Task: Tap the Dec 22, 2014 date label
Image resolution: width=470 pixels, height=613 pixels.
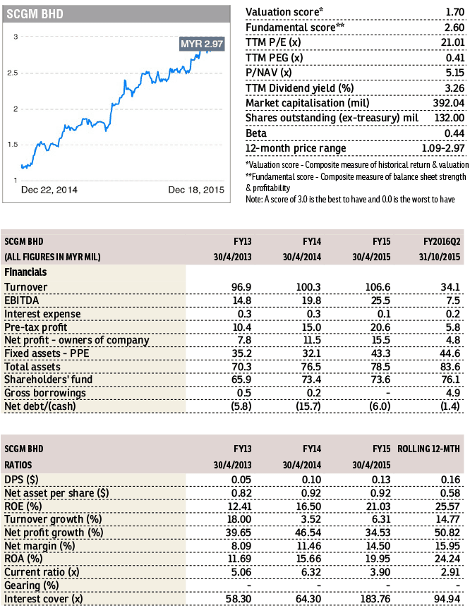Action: point(49,190)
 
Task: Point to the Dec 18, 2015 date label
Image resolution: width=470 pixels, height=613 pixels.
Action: point(196,190)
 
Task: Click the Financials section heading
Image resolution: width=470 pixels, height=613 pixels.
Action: point(28,272)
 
